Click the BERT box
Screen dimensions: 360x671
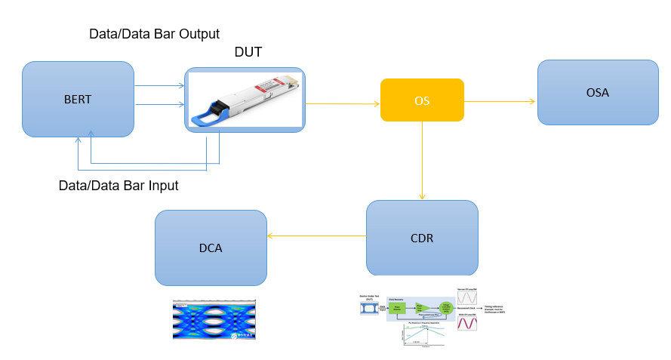click(78, 99)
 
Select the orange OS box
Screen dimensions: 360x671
click(422, 100)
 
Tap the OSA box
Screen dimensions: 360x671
click(597, 92)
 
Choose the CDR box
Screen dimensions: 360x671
click(422, 238)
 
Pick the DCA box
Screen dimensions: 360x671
click(211, 248)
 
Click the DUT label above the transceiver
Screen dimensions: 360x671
click(248, 52)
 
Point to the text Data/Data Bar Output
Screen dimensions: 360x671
click(154, 34)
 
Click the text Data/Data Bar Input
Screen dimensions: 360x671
click(119, 185)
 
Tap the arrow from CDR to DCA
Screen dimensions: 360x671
click(316, 236)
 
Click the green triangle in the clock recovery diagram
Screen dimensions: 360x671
click(423, 307)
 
